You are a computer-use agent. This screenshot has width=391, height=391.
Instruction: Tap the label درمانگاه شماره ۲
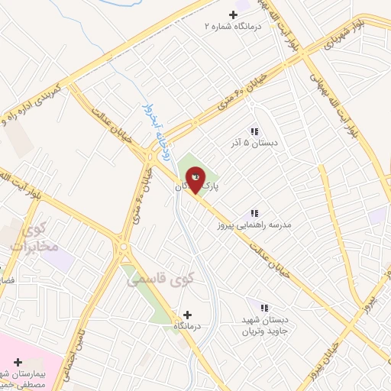(232, 26)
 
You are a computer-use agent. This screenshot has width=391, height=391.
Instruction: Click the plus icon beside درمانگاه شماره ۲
(233, 14)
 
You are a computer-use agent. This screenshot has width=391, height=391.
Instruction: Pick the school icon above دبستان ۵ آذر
(254, 131)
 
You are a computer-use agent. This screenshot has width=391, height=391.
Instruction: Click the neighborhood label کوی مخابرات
(31, 236)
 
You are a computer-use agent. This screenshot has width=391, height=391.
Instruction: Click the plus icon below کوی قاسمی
(187, 314)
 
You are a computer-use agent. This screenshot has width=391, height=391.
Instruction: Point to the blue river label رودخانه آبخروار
(149, 126)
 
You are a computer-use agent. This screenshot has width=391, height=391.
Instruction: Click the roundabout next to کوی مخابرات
(121, 247)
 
